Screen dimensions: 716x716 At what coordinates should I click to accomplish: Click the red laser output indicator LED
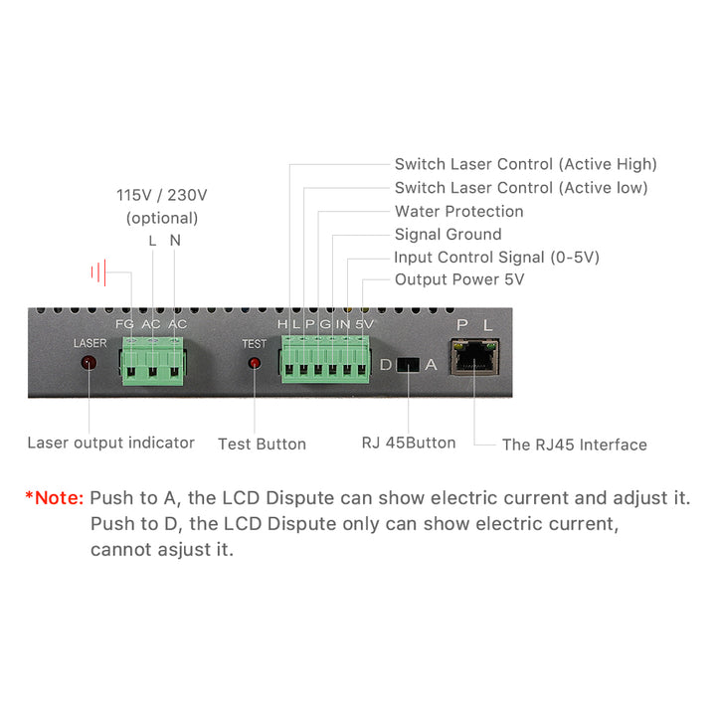89,363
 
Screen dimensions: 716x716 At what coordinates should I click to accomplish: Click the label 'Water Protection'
458,211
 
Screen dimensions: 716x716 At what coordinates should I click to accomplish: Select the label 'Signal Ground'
447,235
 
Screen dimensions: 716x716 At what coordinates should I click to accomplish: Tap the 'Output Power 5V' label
458,280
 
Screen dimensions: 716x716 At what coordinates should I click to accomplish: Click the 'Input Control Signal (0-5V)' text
496,258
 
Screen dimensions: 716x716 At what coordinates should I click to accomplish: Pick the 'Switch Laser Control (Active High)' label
525,164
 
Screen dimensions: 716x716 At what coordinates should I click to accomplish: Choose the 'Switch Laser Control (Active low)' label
520,188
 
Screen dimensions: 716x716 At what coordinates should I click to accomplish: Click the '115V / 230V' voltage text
162,195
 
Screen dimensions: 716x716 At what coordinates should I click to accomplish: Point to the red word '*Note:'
55,497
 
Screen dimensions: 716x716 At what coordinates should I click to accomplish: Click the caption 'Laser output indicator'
110,443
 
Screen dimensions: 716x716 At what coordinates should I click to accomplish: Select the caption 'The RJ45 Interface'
574,445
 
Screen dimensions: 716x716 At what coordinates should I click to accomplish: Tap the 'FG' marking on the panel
124,324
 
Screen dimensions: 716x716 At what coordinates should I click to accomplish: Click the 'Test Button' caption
262,444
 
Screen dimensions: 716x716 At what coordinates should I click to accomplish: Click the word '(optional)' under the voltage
162,218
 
